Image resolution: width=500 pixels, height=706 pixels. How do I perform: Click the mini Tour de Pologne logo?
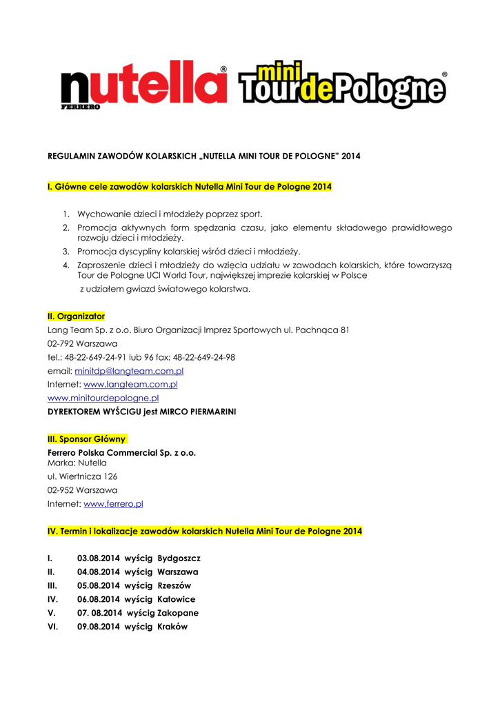[x=342, y=85]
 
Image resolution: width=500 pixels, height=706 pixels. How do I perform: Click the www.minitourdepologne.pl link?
[x=103, y=398]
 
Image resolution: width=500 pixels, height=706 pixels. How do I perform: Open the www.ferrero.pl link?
[x=113, y=504]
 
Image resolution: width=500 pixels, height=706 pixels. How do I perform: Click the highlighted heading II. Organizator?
[x=76, y=316]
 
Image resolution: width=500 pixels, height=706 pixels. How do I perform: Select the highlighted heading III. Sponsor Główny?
[x=87, y=438]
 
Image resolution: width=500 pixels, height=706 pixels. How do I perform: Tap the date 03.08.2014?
[x=99, y=558]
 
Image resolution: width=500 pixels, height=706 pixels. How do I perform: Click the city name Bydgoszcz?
[x=179, y=558]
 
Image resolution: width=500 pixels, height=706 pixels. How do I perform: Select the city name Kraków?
[x=172, y=627]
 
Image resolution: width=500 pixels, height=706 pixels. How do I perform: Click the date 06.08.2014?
[x=99, y=599]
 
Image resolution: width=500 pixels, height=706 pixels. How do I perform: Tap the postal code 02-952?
[x=61, y=490]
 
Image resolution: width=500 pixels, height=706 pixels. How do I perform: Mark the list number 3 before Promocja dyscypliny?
[x=66, y=252]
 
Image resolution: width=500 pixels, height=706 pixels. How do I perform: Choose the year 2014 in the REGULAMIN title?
[x=350, y=157]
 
